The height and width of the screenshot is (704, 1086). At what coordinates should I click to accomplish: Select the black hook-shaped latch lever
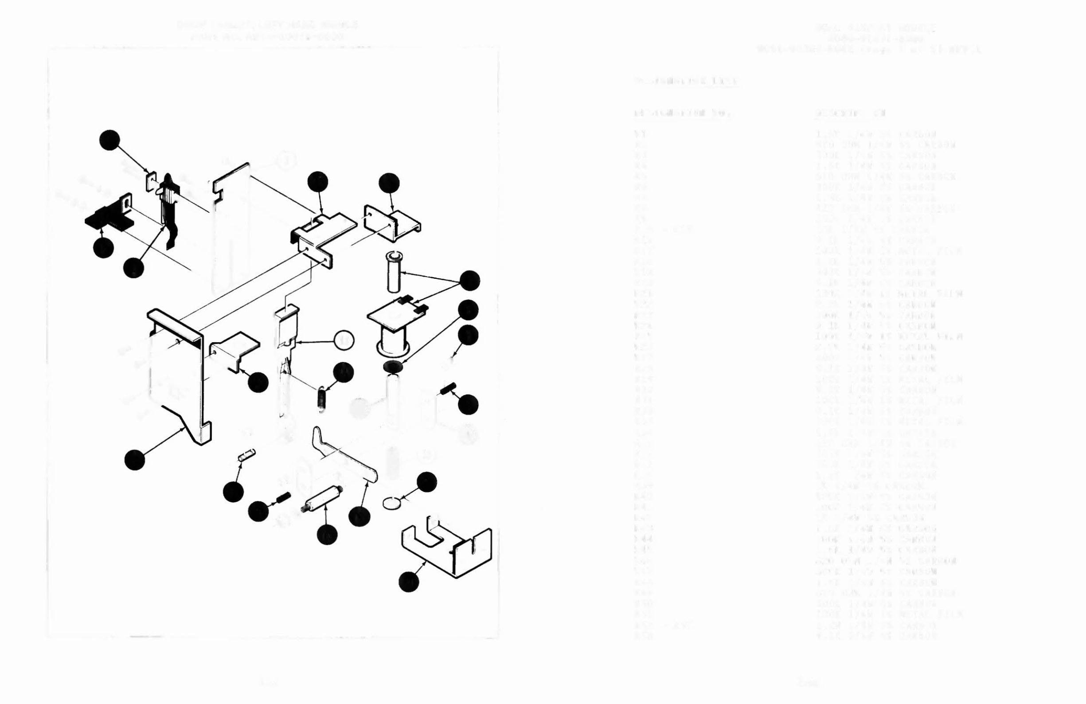click(x=168, y=210)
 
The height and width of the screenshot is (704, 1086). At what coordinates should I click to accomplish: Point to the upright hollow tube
click(x=393, y=271)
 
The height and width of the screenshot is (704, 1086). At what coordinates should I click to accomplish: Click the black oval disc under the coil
click(x=391, y=366)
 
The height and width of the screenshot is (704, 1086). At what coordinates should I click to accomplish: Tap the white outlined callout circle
click(x=344, y=340)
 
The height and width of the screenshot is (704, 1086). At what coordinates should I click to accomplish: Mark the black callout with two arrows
click(x=469, y=281)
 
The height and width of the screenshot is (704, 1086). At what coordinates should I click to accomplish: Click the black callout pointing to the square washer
click(x=109, y=140)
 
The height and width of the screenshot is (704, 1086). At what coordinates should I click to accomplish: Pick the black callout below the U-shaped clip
click(x=409, y=582)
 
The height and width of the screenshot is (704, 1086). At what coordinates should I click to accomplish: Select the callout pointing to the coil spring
click(x=343, y=372)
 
